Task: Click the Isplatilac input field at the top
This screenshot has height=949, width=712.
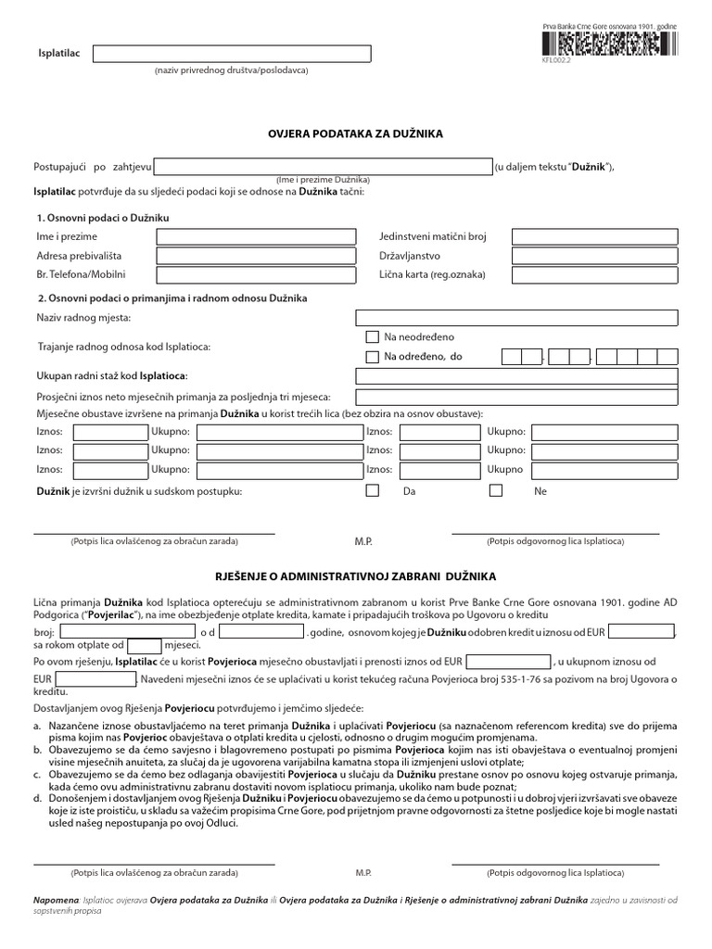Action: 231,53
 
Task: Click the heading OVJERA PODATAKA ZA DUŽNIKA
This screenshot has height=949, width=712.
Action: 356,133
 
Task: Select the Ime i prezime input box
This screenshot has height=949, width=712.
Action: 256,237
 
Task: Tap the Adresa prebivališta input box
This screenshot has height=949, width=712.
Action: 256,256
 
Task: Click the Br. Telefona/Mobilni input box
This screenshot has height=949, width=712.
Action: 256,275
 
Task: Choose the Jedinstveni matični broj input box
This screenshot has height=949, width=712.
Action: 595,237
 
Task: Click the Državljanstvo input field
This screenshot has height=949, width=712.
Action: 595,256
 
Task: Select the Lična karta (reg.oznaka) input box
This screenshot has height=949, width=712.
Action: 595,275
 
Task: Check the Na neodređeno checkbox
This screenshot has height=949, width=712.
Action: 373,337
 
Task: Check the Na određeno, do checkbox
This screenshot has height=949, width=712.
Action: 373,357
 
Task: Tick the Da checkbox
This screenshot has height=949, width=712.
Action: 373,491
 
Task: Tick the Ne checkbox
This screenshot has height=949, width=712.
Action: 496,491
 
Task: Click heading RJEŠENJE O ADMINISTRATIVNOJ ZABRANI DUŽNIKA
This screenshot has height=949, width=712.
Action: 356,575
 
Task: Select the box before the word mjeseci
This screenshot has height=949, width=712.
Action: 144,645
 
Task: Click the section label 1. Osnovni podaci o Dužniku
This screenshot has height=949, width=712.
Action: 103,217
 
